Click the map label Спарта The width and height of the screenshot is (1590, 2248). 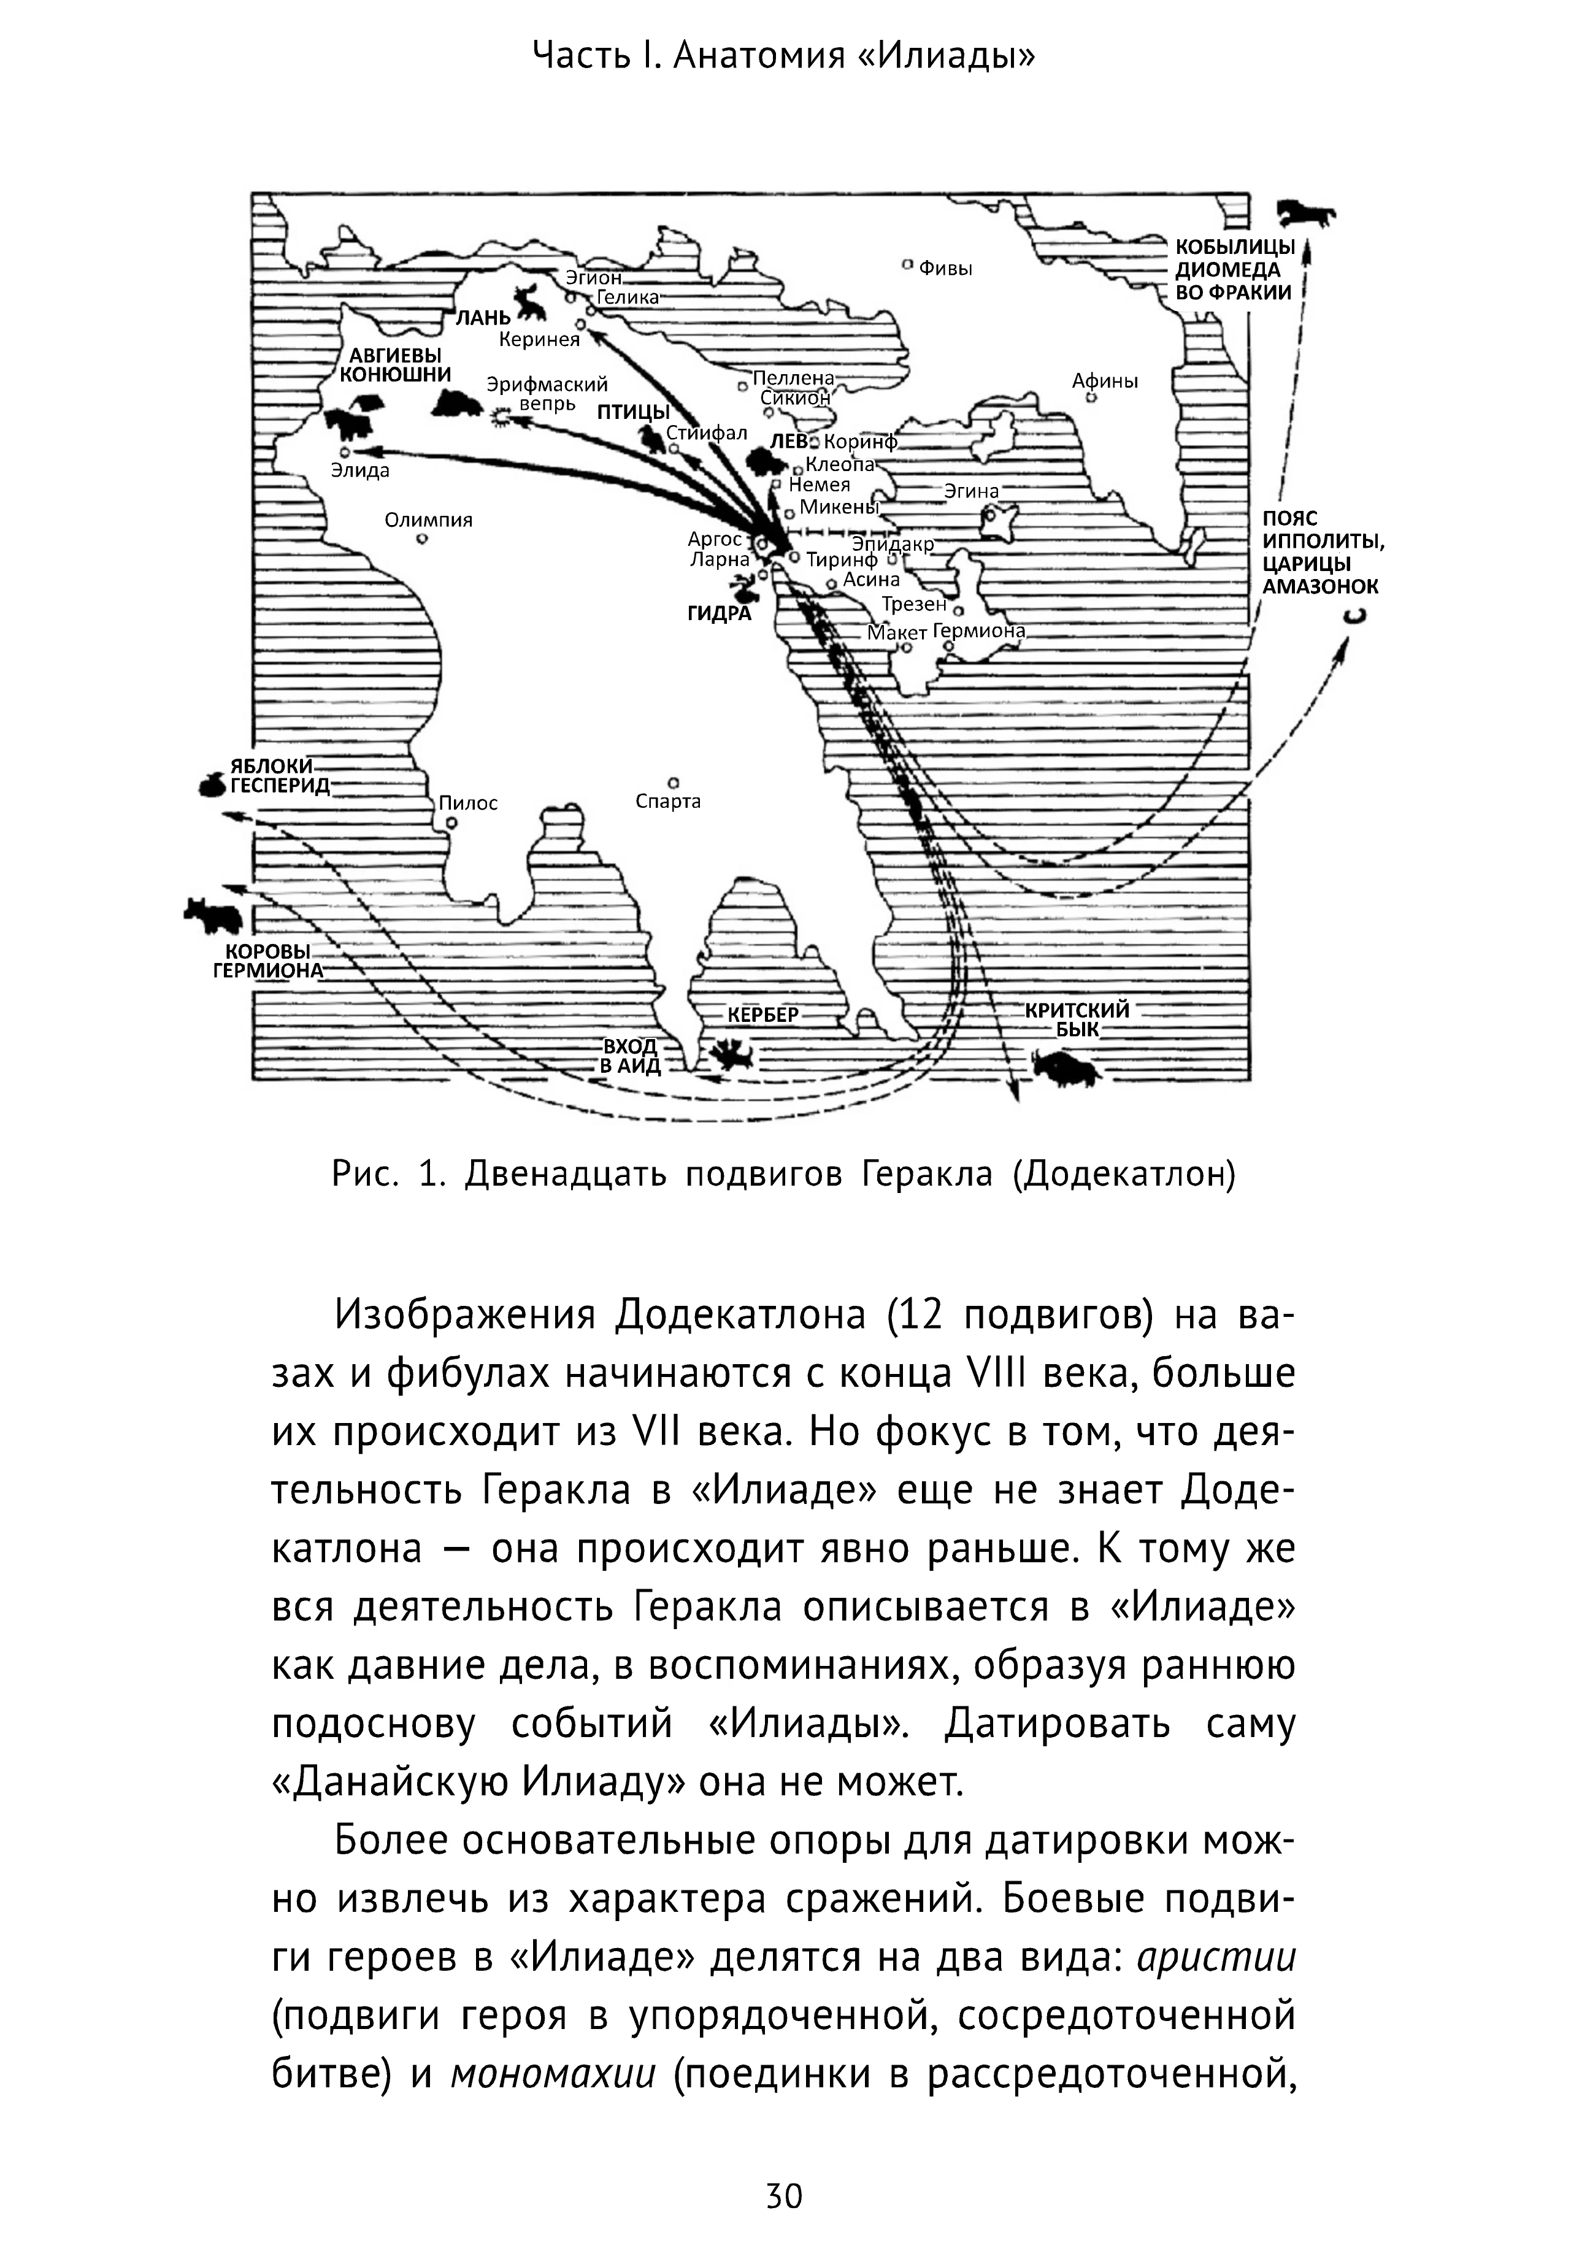tap(668, 802)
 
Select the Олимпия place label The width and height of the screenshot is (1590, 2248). tap(428, 520)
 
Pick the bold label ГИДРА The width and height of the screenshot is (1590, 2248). tap(719, 615)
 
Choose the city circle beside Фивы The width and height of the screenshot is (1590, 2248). tap(908, 264)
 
